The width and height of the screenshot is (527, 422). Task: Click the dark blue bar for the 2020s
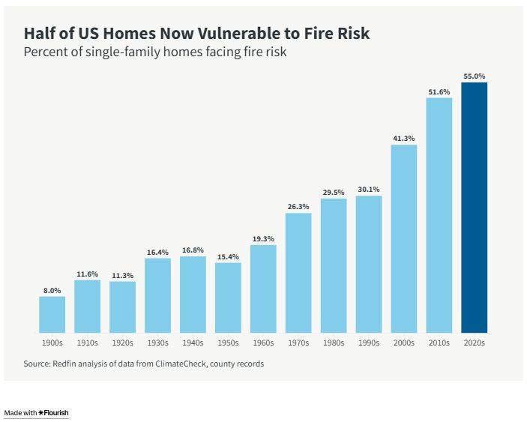474,208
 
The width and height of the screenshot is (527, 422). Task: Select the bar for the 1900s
52,315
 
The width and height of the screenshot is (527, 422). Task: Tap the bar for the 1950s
228,298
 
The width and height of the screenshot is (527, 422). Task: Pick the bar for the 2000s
403,238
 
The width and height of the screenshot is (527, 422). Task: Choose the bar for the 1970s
298,273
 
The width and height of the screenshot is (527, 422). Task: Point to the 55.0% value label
474,76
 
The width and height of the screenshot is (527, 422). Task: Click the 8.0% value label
52,290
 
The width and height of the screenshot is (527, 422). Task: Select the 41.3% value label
403,139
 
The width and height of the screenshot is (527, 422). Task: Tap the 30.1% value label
369,190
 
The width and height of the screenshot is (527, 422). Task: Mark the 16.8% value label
193,250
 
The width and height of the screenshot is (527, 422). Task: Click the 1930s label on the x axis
157,343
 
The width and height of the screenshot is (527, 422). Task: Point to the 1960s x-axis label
263,343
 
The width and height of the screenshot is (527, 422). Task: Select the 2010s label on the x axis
439,343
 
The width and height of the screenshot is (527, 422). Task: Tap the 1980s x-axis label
334,343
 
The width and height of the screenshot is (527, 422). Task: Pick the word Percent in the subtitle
45,52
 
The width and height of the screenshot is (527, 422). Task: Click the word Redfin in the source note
68,364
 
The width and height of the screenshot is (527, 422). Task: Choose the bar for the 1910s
88,307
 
